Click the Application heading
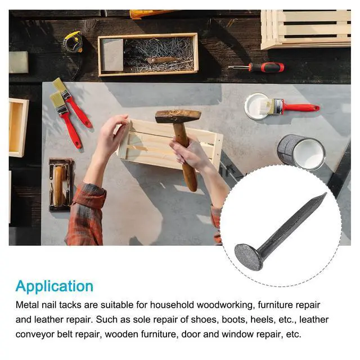[55, 286]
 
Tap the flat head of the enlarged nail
[249, 256]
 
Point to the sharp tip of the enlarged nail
[326, 193]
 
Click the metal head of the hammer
[178, 116]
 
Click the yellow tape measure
[74, 42]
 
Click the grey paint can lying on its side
[301, 151]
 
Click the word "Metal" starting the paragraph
[28, 305]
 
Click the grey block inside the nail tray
[112, 55]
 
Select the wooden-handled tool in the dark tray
[59, 186]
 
